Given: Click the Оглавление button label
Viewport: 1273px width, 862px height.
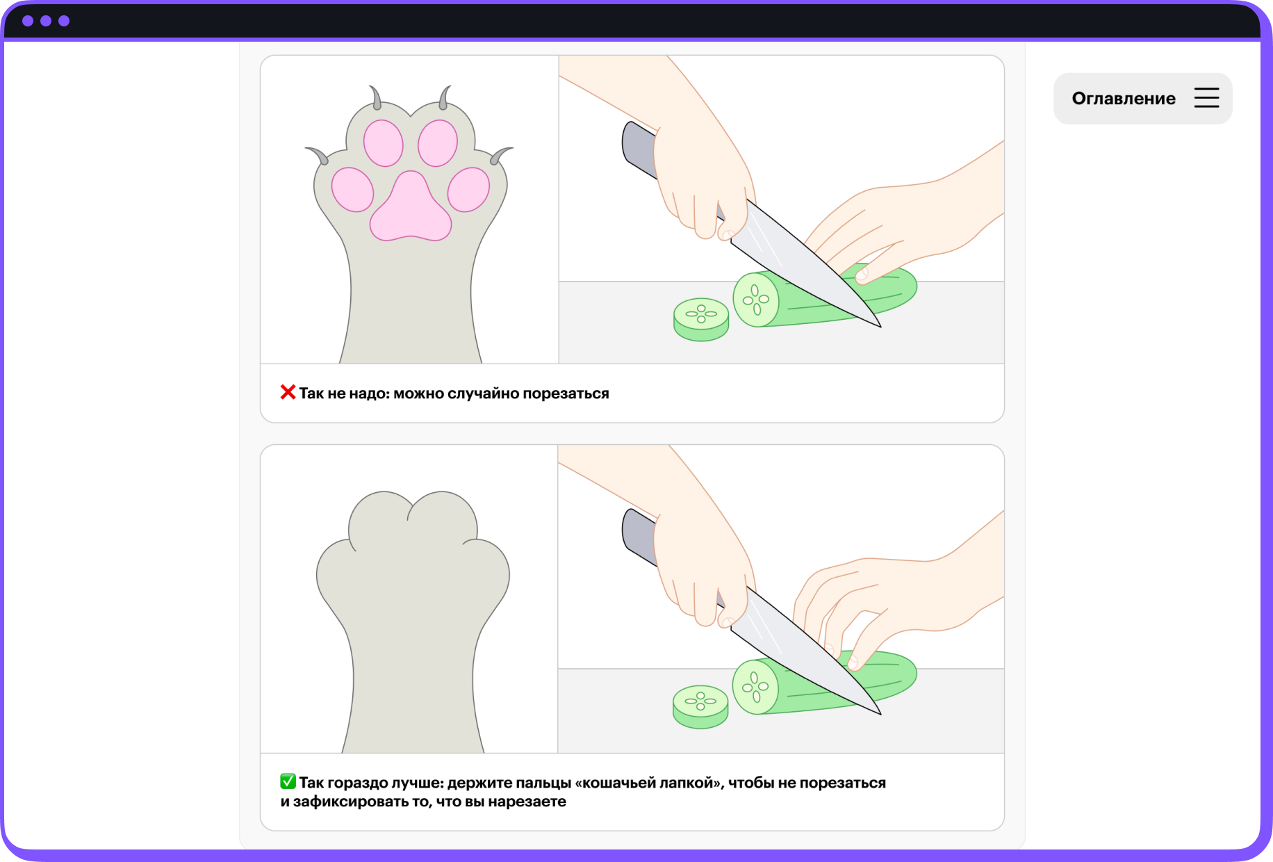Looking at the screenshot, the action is tap(1124, 99).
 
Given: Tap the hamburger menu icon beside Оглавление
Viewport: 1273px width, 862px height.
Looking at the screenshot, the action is tap(1207, 98).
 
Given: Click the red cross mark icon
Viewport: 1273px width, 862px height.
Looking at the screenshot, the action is tap(288, 392).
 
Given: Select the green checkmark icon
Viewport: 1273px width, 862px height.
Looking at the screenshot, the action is tap(288, 781).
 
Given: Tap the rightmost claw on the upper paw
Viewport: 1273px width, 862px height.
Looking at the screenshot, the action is tap(501, 154).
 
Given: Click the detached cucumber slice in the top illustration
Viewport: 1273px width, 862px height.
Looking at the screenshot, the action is tap(701, 320).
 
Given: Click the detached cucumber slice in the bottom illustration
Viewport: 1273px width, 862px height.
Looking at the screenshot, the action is tap(700, 706).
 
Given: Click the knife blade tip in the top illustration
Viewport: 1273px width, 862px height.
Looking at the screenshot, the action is tap(880, 326).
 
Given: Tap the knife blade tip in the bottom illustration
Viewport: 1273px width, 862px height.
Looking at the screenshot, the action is tap(880, 714).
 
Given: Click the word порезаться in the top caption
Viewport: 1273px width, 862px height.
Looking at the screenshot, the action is tap(566, 393).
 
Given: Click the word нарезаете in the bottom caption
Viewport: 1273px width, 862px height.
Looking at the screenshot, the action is tap(527, 802).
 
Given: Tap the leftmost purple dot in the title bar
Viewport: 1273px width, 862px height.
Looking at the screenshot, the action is tap(28, 21).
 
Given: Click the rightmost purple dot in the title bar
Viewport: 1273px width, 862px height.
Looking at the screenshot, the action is tap(64, 21).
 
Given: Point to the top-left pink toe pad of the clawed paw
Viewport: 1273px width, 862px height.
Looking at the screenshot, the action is tap(383, 143).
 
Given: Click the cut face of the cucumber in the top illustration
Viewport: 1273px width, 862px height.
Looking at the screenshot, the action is tap(756, 300).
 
